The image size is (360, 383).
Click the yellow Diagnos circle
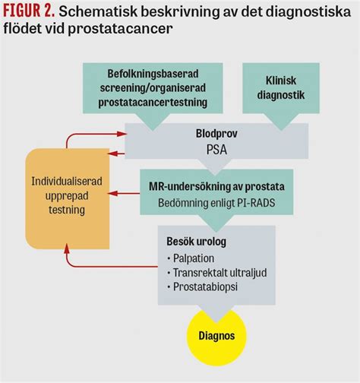(x=218, y=334)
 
